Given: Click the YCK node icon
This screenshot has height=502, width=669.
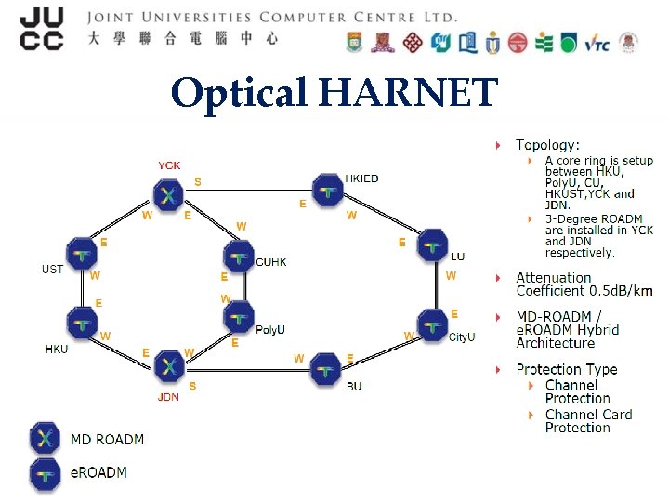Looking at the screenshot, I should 168,194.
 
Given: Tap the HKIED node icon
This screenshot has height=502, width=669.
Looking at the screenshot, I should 326,190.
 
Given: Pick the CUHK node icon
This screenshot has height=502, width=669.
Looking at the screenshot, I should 239,256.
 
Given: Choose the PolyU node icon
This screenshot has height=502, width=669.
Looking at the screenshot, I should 239,317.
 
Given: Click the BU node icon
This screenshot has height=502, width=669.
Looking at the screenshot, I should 325,368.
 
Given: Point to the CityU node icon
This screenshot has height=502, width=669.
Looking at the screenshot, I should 432,325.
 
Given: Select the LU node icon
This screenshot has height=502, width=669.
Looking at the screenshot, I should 432,245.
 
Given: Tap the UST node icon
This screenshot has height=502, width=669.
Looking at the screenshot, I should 82,255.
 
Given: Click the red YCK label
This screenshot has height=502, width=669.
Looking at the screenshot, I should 169,165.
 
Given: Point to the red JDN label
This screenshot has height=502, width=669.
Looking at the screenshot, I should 168,397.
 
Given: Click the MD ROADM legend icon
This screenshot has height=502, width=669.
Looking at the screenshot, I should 45,439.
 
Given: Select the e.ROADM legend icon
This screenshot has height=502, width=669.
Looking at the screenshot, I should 45,473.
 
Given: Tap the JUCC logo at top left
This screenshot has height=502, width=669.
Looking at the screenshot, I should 42,28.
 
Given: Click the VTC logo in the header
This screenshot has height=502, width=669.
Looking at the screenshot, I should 597,43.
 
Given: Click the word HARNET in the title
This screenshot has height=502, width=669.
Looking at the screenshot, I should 410,92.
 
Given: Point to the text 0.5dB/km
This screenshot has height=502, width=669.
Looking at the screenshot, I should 610,291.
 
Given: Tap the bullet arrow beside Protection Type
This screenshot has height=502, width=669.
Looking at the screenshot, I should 499,369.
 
